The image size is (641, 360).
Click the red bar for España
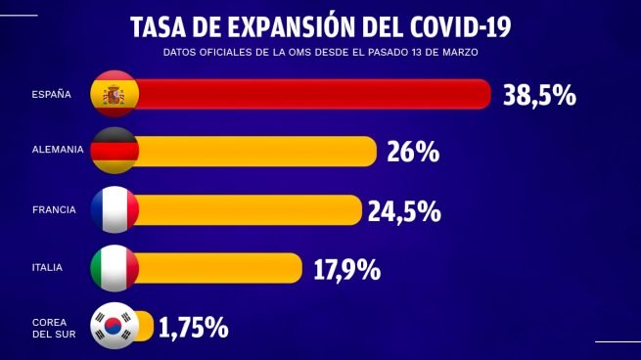coord(313,95)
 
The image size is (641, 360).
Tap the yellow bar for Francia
coord(250,210)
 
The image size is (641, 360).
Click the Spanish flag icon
coord(114,95)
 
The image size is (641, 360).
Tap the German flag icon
coord(114,152)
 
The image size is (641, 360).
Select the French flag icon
coord(114,210)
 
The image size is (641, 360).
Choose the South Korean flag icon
coord(114,326)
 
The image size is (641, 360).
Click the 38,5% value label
coord(539,95)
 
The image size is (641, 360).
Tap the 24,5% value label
coord(404,210)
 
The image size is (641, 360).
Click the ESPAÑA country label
coord(51,95)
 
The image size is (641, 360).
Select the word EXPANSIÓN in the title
coord(290,23)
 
